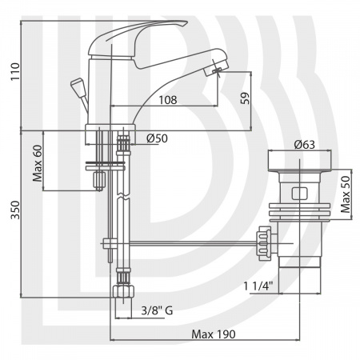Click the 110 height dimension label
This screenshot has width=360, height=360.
pos(15,71)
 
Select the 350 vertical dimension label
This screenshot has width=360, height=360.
pos(15,210)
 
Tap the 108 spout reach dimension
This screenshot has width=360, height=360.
pos(168,100)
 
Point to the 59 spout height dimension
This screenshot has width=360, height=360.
pos(245,98)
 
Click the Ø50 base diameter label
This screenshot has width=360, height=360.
pos(157,138)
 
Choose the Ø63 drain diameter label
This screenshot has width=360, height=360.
pos(305,145)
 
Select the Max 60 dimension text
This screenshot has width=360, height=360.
pos(38,163)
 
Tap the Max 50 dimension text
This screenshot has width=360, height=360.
pos(346,194)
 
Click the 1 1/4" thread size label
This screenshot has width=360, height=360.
pos(258,286)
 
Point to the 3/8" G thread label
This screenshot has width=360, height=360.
pos(157,310)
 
